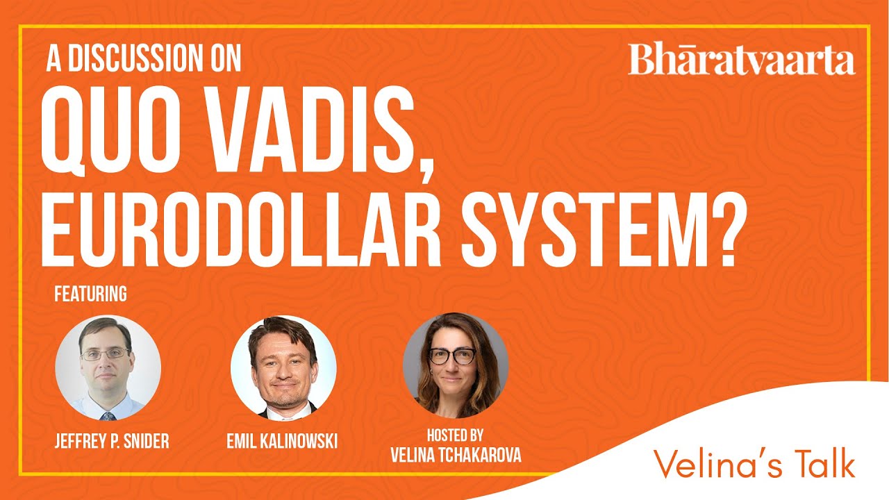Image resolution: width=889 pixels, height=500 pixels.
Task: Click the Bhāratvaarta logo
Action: coord(741,60)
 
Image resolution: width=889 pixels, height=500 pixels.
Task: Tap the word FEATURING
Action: coord(90,294)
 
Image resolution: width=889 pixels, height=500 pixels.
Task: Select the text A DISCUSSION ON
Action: coord(144,60)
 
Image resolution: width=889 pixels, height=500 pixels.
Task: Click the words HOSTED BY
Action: coord(456,435)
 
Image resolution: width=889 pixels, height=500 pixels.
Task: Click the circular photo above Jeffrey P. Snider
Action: coord(108,368)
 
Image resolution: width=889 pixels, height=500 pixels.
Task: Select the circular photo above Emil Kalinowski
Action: coord(283,368)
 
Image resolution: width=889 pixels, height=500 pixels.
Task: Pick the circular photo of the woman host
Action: coord(456,365)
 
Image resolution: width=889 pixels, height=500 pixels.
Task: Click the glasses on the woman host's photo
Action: coord(451,356)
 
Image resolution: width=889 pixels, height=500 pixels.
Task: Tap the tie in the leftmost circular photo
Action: coord(108,416)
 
